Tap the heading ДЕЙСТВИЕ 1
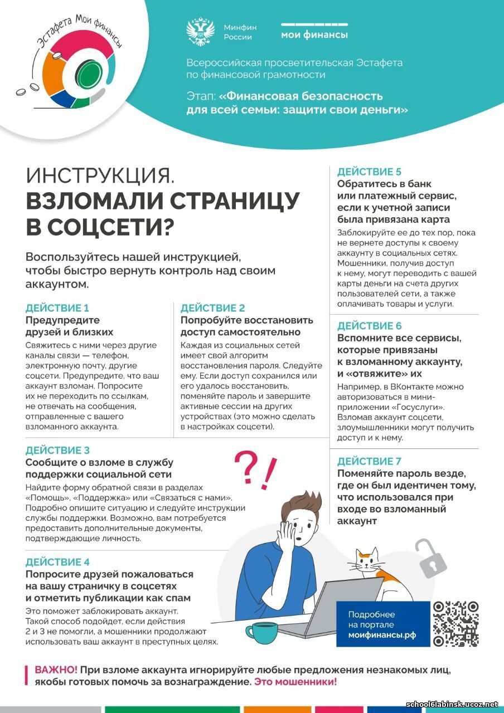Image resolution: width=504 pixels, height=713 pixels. click(57, 308)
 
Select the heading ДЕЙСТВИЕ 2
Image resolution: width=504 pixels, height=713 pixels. click(212, 308)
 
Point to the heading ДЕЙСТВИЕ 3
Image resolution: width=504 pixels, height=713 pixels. click(57, 450)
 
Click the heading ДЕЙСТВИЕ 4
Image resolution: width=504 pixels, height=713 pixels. click(57, 561)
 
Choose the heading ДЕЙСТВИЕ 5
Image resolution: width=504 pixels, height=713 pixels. click(369, 172)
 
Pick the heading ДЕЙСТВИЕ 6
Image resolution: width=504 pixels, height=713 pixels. click(369, 326)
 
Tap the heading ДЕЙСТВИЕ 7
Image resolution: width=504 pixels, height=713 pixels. click(369, 461)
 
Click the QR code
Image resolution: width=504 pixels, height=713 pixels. click(455, 623)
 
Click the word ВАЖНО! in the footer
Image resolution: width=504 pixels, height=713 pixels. click(56, 670)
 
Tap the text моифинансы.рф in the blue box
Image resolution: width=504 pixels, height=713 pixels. click(378, 635)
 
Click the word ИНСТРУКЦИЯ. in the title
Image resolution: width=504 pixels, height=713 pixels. click(100, 177)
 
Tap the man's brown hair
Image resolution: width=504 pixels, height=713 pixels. click(301, 507)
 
